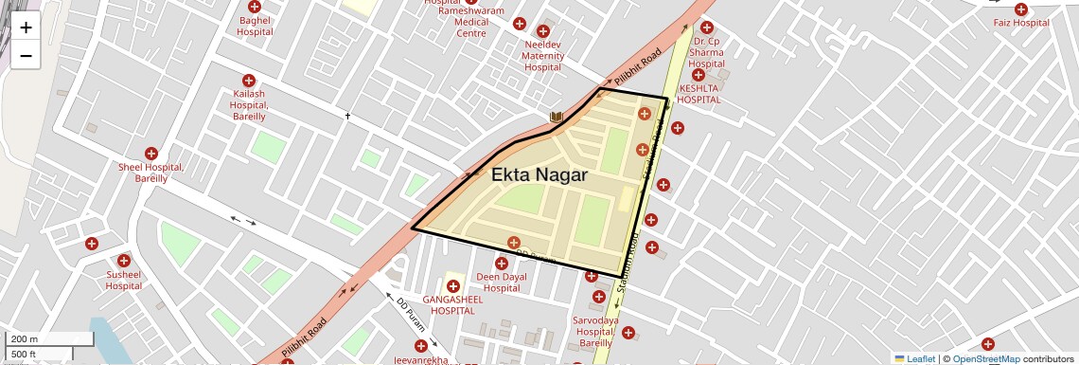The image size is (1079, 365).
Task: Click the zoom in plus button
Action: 26,27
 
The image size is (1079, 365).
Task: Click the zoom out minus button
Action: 26,55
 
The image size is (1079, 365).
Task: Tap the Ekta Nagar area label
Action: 539,175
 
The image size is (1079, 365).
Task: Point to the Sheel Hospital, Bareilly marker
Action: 150,154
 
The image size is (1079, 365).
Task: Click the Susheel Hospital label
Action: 123,280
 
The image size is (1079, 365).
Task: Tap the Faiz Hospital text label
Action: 1021,23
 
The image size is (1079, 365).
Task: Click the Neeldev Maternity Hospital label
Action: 542,56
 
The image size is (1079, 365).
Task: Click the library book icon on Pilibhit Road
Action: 557,118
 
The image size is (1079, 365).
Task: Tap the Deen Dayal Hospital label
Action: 500,283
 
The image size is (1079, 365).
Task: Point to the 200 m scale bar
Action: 50,339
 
